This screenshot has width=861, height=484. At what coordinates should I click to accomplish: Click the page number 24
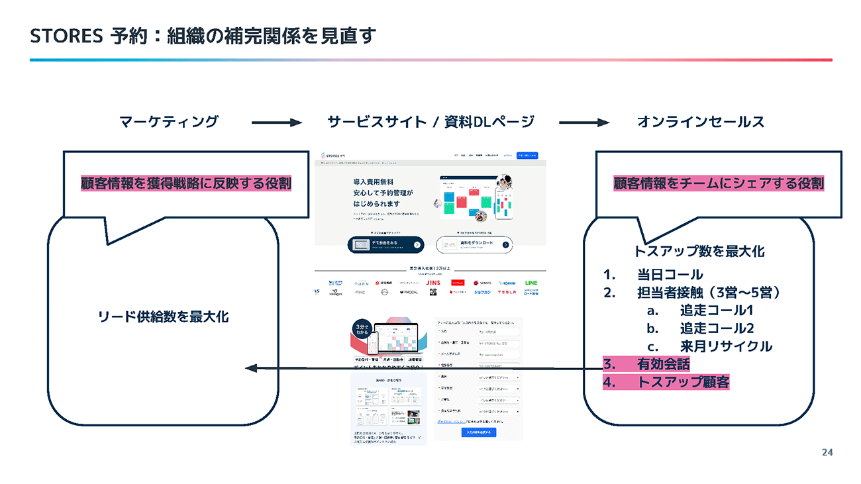[827, 453]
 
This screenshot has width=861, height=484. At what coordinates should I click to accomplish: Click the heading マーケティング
[168, 122]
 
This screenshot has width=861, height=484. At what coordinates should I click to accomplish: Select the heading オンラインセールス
[700, 122]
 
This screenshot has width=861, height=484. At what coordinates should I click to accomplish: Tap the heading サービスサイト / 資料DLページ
[430, 122]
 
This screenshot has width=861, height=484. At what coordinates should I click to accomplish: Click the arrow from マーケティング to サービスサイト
[276, 122]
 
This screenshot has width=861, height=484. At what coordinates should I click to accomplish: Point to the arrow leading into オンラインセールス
[583, 122]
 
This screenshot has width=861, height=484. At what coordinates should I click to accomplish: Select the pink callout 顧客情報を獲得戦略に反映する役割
[186, 183]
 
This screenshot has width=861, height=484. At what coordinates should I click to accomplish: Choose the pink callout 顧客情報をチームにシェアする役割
[719, 183]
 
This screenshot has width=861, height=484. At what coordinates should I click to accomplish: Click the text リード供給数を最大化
[163, 317]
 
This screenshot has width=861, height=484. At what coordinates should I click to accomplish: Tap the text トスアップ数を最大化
[699, 252]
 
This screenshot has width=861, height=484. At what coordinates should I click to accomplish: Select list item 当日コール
[670, 274]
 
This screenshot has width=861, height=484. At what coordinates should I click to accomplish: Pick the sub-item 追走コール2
[717, 328]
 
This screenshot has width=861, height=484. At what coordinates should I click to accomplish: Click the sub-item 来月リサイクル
[725, 346]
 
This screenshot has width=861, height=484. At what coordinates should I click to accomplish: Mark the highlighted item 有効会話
[663, 364]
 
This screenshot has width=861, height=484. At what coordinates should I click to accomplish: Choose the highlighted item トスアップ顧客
[682, 382]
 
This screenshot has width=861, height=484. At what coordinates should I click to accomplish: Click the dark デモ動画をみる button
[386, 244]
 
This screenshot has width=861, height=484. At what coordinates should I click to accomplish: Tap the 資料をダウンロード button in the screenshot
[474, 244]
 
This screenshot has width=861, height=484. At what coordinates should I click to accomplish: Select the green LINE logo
[531, 283]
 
